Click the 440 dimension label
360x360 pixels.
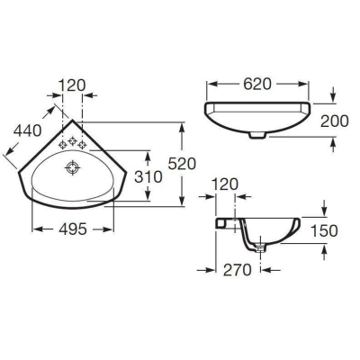pos(28,131)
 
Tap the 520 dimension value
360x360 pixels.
pos(182,164)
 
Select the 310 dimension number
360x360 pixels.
pos(148,177)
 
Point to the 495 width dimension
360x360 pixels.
pos(73,229)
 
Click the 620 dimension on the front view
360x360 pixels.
pos(257,84)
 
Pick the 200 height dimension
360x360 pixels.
pos(335,121)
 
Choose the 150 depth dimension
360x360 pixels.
pos(324,231)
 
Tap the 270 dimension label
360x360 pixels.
pos(237,270)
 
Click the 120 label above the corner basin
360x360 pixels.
pos(72,85)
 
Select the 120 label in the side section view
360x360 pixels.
pos(224,184)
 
